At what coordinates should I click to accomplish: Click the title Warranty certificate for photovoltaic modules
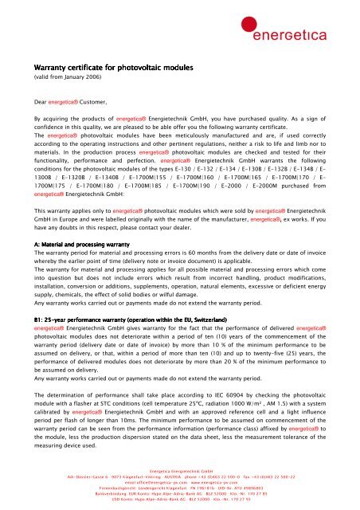tap(108, 69)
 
